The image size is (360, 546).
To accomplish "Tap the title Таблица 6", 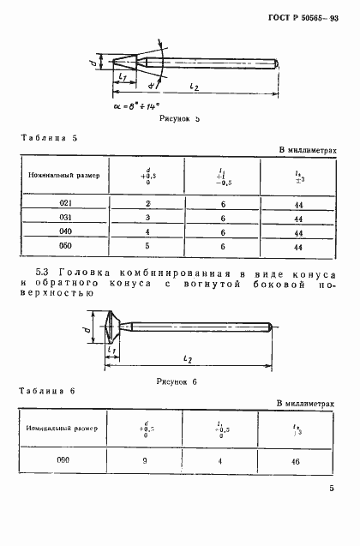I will click(x=48, y=391).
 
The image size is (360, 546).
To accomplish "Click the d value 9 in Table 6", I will click(x=144, y=460).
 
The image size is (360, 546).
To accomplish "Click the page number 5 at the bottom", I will click(x=331, y=513).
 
